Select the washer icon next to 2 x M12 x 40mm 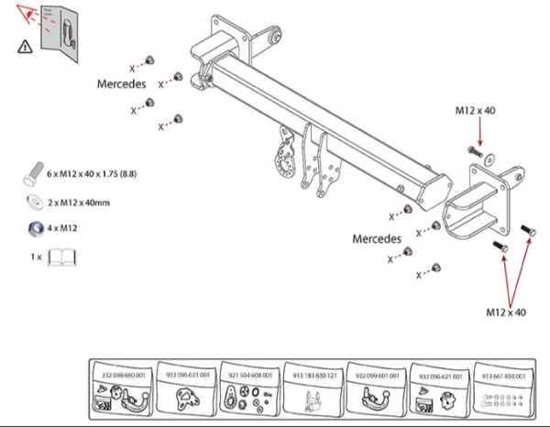pos(33,202)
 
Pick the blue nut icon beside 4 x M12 pos(33,228)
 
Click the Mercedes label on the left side pos(122,83)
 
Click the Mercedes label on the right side pos(378,238)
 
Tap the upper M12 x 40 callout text pos(476,111)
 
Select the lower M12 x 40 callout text pos(506,312)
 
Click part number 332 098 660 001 pos(126,375)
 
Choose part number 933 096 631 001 pos(188,375)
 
